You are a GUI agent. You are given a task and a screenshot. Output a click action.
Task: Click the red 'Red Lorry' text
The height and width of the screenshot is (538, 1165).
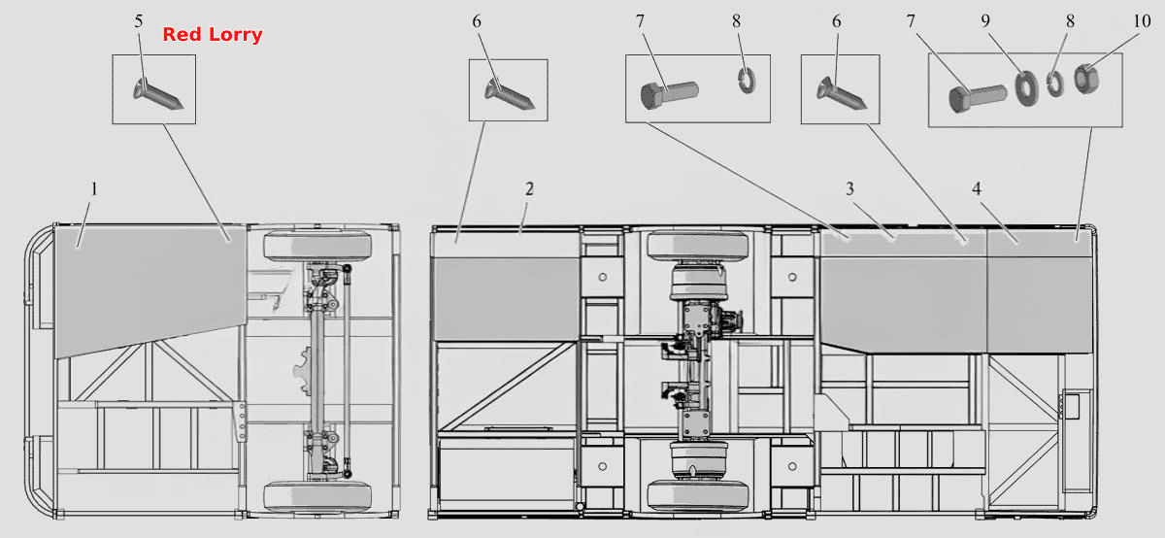[213, 34]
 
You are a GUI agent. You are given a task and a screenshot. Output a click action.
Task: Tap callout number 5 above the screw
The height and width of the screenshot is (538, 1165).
[138, 21]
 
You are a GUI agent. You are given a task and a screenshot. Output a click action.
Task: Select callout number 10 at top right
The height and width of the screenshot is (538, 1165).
[1142, 21]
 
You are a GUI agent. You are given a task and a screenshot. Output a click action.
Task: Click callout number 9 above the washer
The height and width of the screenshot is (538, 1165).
[985, 21]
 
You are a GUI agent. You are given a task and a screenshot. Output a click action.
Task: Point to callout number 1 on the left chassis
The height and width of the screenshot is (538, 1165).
[94, 188]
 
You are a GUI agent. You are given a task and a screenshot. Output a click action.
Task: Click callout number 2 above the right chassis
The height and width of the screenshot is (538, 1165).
[529, 188]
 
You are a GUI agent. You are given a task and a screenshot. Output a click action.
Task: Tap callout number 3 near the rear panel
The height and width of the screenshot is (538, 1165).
[849, 188]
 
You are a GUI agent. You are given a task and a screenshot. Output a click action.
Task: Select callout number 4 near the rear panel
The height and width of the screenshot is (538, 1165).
[977, 188]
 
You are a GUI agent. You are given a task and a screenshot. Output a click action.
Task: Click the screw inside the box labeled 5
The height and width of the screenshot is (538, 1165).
[157, 94]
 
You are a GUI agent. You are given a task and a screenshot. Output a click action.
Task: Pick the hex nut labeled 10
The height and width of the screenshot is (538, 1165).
[1086, 79]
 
